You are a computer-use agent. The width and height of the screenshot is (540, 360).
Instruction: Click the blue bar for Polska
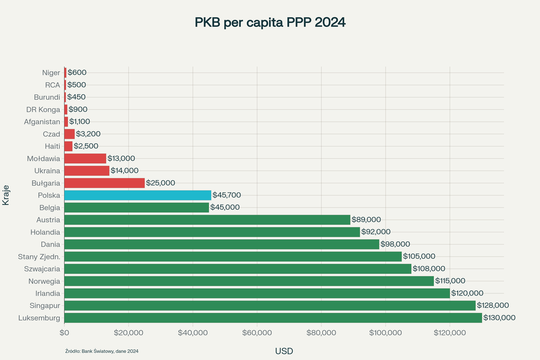tap(138, 195)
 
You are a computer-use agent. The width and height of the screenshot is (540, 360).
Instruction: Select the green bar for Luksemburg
tap(273, 318)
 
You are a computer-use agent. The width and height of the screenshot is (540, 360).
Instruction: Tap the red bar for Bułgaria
tap(105, 183)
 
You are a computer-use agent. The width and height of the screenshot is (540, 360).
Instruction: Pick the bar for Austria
tap(207, 220)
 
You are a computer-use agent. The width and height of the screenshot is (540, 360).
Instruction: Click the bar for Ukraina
tap(87, 170)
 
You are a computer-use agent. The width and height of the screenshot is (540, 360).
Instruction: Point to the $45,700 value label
tap(227, 195)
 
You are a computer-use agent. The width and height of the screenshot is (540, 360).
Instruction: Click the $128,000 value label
tap(493, 305)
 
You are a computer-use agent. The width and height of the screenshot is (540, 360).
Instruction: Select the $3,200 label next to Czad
tap(88, 134)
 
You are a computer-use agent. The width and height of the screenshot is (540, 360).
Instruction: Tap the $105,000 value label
tap(419, 256)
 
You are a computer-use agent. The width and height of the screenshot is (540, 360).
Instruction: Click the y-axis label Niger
tap(51, 73)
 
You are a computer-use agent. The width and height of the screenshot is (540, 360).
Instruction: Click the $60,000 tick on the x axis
tap(257, 333)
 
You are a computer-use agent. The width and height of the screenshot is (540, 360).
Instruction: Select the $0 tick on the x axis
tap(64, 333)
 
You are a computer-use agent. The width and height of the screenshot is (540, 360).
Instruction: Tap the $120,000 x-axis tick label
tap(450, 333)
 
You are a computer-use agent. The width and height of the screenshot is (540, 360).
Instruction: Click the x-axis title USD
tap(284, 351)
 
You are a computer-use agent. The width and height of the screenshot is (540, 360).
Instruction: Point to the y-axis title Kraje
tap(6, 195)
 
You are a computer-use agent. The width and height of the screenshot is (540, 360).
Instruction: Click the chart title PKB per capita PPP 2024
tap(270, 22)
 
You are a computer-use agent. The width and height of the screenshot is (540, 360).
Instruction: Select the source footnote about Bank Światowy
tap(102, 351)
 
